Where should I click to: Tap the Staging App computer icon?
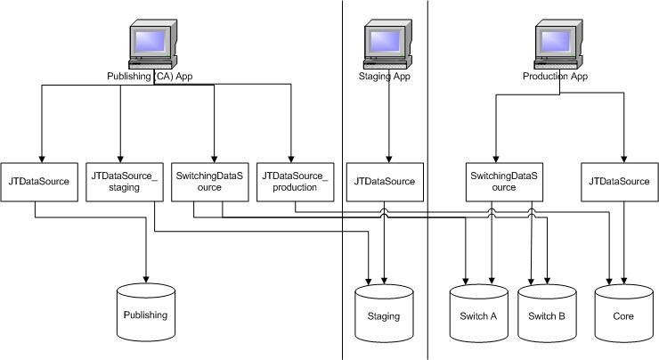386,45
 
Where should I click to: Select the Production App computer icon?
557,45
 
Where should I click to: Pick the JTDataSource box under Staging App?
384,182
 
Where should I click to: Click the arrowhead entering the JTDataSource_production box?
291,157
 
